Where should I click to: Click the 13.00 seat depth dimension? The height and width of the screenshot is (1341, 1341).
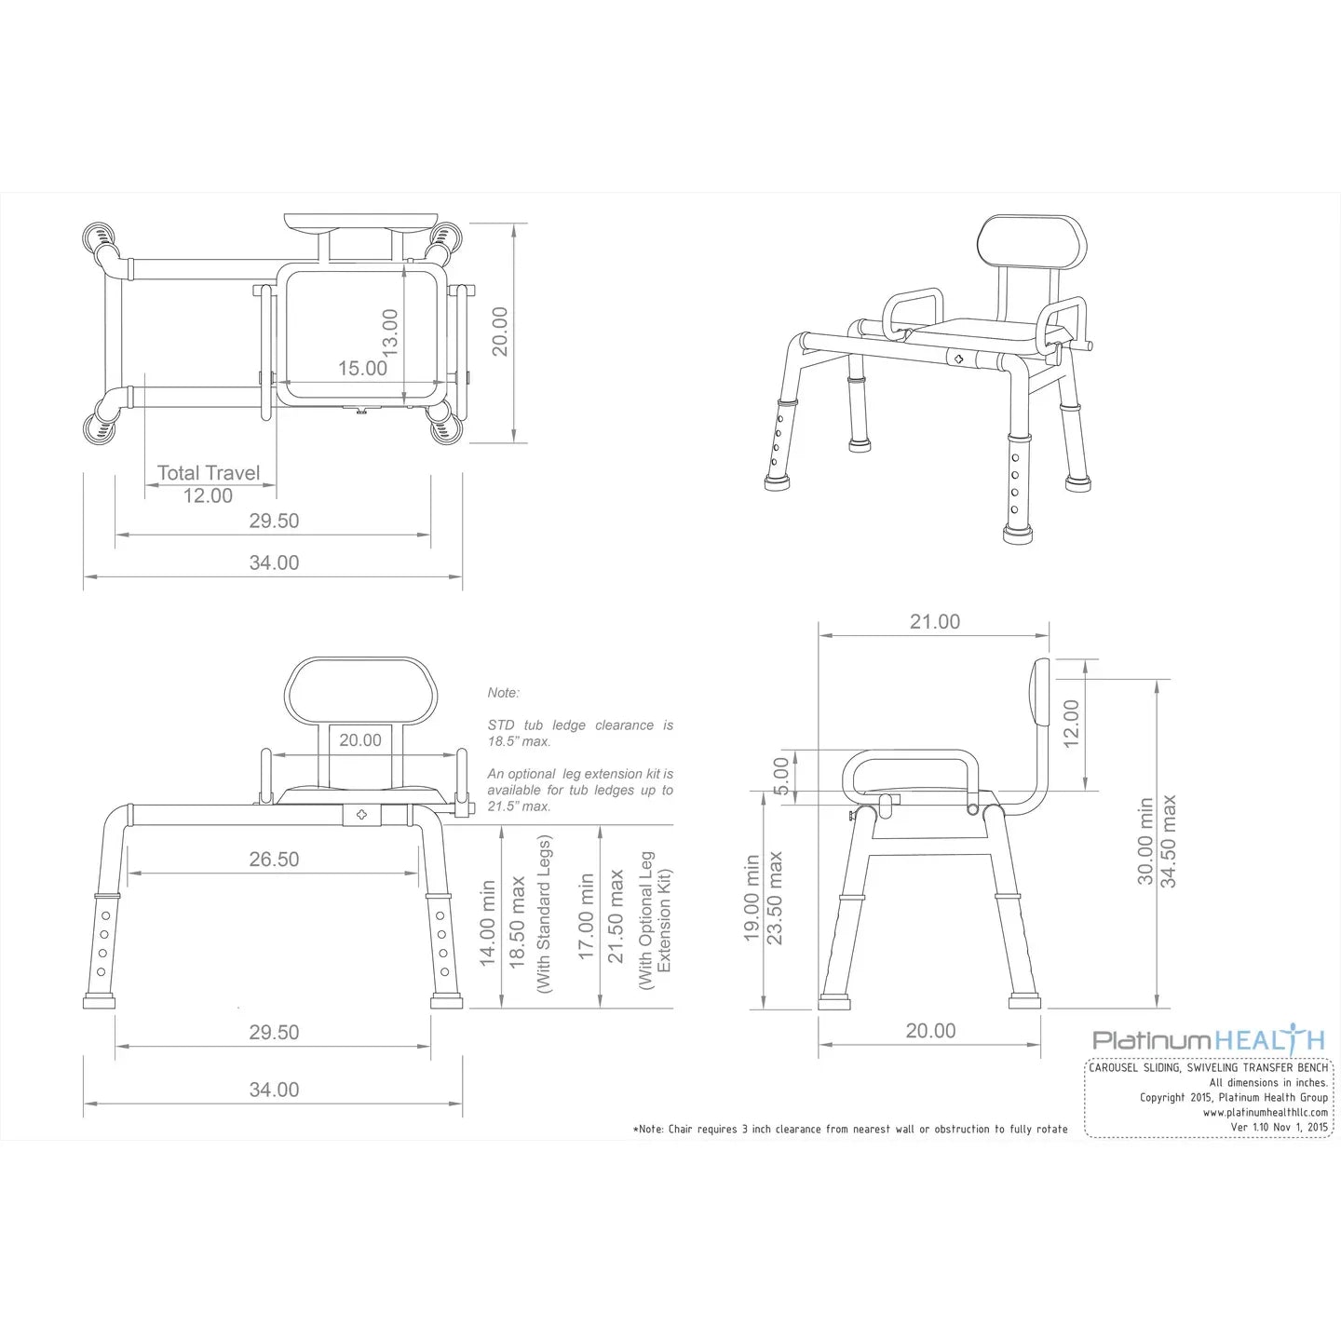click(390, 332)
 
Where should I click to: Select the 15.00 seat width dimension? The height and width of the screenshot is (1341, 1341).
click(362, 369)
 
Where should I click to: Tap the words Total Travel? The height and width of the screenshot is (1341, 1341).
click(209, 473)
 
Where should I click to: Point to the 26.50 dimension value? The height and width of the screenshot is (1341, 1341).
click(274, 860)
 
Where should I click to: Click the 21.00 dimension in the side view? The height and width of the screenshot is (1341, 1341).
click(934, 622)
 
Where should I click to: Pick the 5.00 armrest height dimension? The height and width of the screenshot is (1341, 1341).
click(781, 776)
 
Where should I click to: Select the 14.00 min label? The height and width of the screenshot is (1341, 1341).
click(487, 923)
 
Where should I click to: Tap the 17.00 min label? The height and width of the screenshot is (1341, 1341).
click(586, 916)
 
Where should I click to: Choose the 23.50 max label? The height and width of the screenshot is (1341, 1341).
click(775, 899)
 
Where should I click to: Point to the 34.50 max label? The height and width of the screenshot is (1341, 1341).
click(1169, 841)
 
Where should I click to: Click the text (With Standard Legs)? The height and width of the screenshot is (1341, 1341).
click(545, 914)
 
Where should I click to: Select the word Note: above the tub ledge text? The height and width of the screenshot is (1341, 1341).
click(503, 693)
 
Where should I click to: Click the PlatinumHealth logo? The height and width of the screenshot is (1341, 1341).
click(1208, 1040)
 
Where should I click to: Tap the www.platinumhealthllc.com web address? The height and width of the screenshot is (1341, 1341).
click(1265, 1113)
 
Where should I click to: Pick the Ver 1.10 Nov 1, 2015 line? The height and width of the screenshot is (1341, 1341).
click(1279, 1128)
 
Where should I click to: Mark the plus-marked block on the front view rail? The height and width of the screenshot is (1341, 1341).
click(361, 815)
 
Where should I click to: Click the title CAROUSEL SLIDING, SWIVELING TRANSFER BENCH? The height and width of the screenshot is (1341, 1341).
click(1208, 1068)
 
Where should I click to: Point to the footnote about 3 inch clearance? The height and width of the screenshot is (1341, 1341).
click(850, 1130)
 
